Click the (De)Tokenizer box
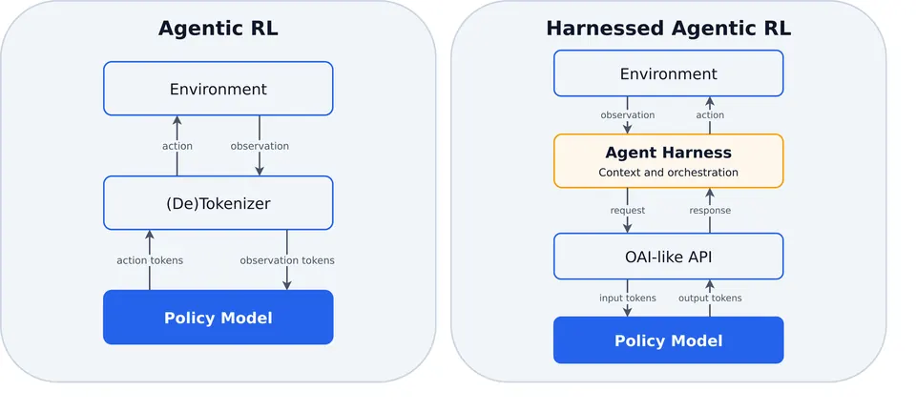(x=218, y=202)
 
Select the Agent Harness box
(x=668, y=161)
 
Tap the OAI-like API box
(x=668, y=257)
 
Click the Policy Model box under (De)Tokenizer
(x=218, y=318)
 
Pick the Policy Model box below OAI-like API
(x=668, y=340)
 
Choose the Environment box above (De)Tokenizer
(x=218, y=89)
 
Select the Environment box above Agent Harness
(x=668, y=73)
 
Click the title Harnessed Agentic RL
(x=668, y=28)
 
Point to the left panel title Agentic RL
(x=218, y=28)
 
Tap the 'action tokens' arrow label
(x=150, y=260)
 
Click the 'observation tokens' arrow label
(x=287, y=260)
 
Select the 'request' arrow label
(x=628, y=211)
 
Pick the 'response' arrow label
(x=710, y=210)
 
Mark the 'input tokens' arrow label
(x=628, y=299)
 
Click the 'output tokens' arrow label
(x=710, y=299)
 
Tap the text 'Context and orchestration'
(x=668, y=173)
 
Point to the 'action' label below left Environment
(x=177, y=146)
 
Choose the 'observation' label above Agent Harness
(x=628, y=115)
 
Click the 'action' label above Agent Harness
(x=710, y=115)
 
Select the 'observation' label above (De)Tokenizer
(x=260, y=146)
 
